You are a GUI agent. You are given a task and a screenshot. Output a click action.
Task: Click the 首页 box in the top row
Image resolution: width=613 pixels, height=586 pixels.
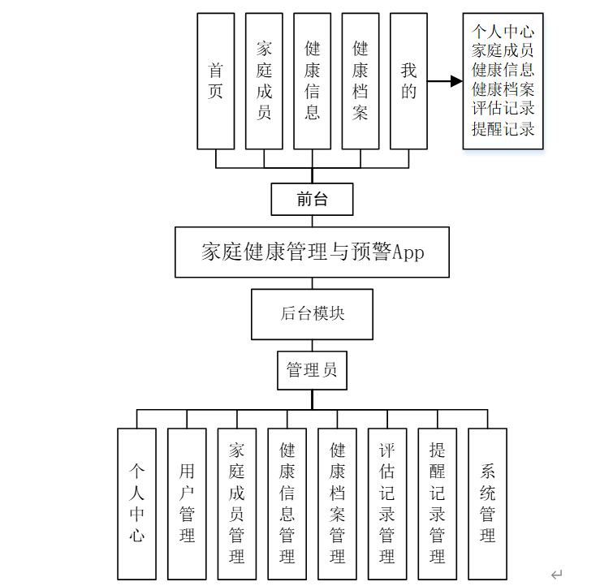coord(215,81)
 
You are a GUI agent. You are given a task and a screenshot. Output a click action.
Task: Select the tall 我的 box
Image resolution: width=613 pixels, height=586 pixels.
coord(408,81)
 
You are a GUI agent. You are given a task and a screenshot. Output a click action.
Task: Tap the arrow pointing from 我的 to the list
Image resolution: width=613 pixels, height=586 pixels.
coord(445,81)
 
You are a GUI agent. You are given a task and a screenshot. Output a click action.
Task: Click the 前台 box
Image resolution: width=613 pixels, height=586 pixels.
coord(313,199)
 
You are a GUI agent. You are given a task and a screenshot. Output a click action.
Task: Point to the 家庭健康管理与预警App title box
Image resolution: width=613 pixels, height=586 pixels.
coord(313,252)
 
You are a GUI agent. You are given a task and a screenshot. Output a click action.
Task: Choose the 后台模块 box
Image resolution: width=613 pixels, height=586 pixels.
coord(313,314)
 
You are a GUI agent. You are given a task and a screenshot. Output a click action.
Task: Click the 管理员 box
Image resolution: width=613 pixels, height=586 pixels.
coord(313,370)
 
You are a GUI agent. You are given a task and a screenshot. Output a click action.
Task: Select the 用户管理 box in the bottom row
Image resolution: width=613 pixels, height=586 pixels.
coord(187,503)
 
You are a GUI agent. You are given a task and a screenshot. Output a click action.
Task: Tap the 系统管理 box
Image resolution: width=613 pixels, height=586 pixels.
coord(488,503)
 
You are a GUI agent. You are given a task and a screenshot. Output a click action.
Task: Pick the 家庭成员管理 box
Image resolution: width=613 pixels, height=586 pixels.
coord(237,503)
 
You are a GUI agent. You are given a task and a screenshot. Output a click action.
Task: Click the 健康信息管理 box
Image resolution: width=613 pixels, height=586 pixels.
coord(287,503)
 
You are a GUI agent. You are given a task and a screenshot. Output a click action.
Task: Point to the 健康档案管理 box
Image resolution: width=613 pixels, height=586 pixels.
coord(338,503)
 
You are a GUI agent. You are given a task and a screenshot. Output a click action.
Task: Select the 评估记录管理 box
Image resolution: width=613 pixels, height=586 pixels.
coord(387,503)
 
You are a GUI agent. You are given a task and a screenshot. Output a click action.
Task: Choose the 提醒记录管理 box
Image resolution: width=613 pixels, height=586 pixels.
coord(438,503)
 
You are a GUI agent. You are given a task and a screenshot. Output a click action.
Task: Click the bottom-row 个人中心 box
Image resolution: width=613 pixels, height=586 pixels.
coord(136,503)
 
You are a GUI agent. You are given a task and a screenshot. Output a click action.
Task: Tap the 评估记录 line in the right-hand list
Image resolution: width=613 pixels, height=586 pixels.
coord(503,109)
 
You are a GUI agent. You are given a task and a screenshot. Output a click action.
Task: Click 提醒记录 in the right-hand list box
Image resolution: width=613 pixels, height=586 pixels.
coord(503,128)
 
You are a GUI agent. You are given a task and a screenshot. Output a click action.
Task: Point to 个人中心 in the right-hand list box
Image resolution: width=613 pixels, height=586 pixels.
coord(503,32)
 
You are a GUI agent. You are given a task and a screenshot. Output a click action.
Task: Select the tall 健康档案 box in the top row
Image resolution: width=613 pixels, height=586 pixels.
coord(360,81)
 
